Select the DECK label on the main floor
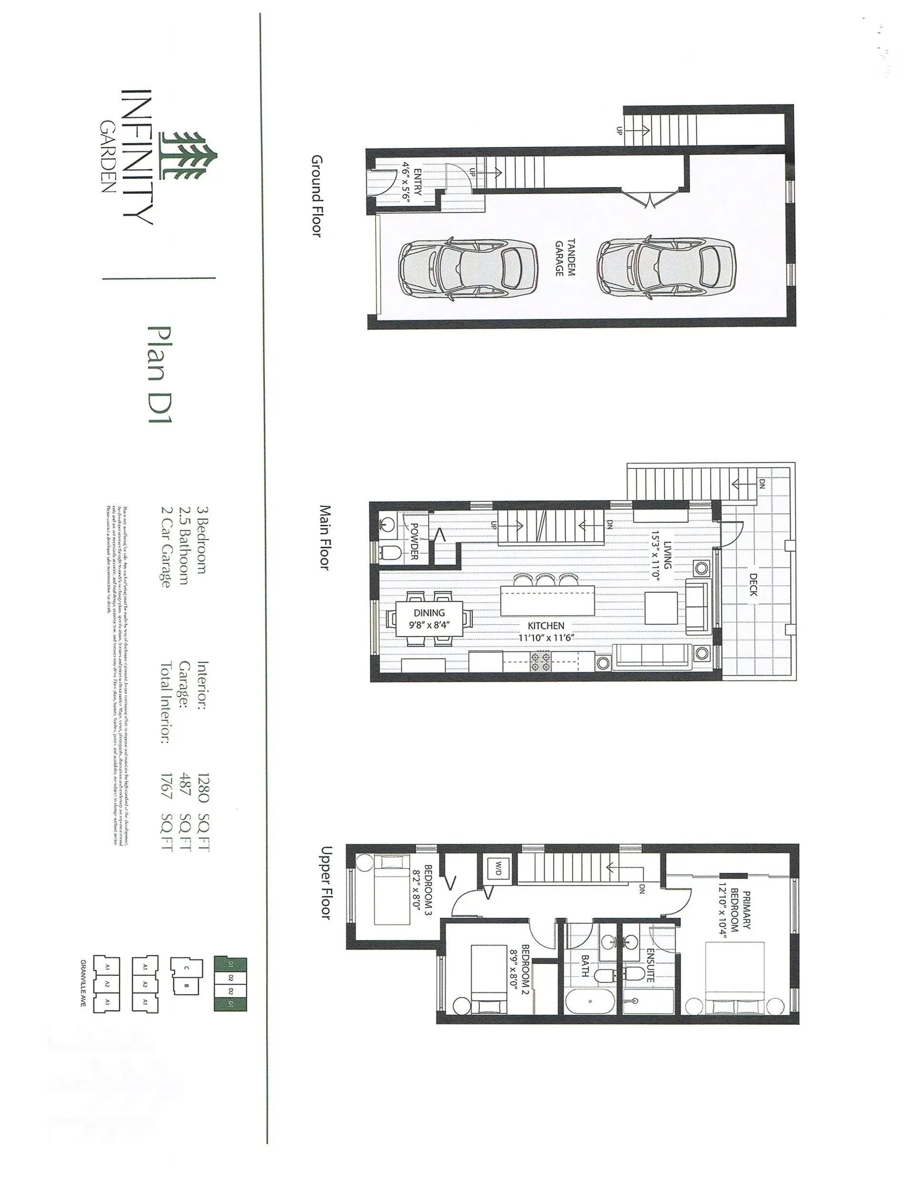click(753, 585)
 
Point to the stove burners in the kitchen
click(540, 662)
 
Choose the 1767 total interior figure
click(166, 786)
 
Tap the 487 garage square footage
click(184, 786)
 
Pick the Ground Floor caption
click(317, 196)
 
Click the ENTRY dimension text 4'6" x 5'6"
click(407, 182)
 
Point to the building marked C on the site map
click(186, 968)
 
